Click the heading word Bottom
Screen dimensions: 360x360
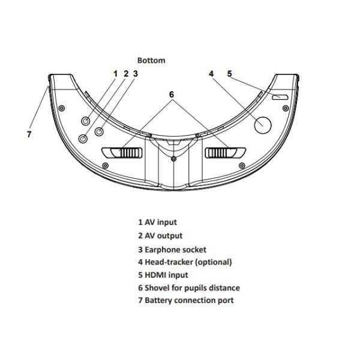151,60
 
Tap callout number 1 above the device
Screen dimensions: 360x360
115,74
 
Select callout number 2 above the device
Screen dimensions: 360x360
125,74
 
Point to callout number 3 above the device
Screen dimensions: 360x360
136,74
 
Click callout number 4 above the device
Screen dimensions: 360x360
211,74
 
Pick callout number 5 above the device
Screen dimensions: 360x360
230,74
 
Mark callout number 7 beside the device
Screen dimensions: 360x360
29,134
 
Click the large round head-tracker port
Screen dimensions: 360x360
262,124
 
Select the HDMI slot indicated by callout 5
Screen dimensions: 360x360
280,97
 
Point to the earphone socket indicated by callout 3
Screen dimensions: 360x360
100,130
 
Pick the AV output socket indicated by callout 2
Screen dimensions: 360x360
83,138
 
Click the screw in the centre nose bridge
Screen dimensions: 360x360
173,159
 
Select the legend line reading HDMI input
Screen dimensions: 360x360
163,275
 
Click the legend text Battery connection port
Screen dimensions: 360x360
185,301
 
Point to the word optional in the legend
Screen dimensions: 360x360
213,262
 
